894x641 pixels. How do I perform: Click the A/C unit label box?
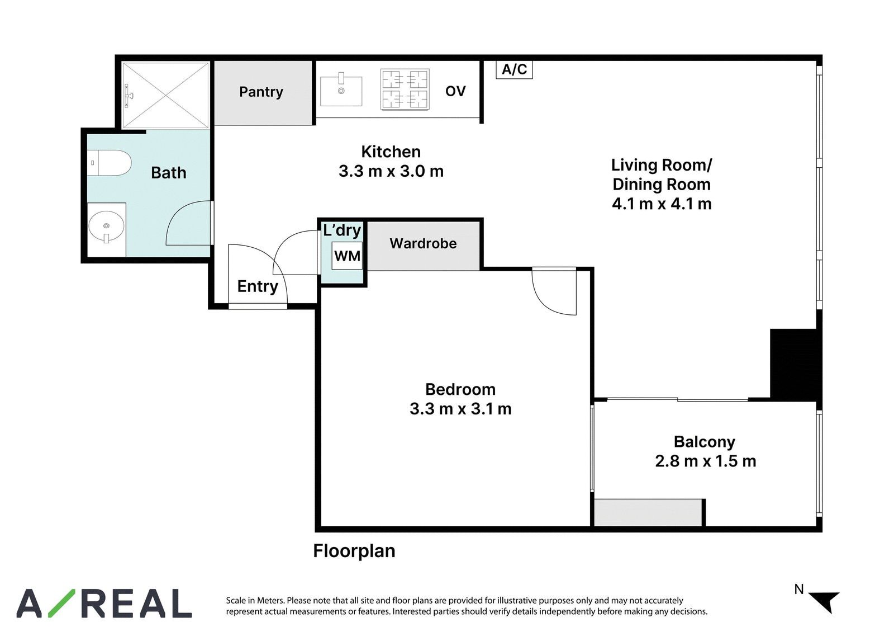click(514, 69)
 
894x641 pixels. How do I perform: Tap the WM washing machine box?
click(347, 256)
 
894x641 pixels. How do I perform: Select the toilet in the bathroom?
click(109, 163)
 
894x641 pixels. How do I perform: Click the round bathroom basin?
click(106, 226)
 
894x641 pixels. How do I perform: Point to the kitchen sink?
click(341, 92)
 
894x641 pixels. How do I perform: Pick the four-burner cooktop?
click(405, 89)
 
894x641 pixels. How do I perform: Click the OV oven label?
click(455, 91)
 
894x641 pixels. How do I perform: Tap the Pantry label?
click(261, 92)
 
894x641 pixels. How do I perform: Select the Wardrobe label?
click(423, 243)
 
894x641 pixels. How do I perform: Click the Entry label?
click(258, 286)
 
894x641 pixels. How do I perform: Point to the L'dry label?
click(342, 230)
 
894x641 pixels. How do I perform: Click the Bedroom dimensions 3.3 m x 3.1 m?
click(460, 409)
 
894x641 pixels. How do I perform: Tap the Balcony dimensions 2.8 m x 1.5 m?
click(706, 461)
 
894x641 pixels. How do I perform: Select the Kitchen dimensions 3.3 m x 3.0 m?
click(391, 172)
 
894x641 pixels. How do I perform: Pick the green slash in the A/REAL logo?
click(61, 604)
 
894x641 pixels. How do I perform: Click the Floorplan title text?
click(354, 551)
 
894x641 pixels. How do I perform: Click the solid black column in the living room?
click(795, 364)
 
